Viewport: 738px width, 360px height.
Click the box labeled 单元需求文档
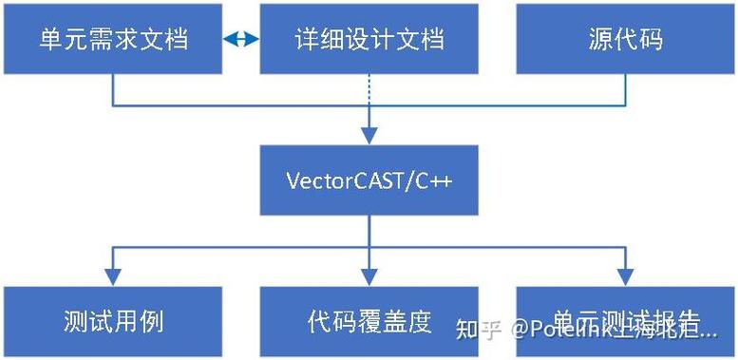click(x=112, y=38)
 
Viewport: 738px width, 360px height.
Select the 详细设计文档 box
click(x=369, y=38)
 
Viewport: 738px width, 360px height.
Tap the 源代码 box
click(x=625, y=38)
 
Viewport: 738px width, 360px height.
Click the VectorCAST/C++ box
click(x=369, y=180)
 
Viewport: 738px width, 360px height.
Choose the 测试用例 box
click(x=112, y=321)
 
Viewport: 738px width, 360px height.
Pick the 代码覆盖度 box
click(x=369, y=321)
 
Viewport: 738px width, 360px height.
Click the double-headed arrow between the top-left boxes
click(x=241, y=39)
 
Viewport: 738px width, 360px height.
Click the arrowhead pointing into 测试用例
click(x=112, y=275)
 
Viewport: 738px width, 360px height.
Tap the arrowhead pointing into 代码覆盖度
click(x=369, y=275)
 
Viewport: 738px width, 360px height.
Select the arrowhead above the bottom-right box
click(x=625, y=275)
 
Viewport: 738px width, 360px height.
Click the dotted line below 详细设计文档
click(x=369, y=89)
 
